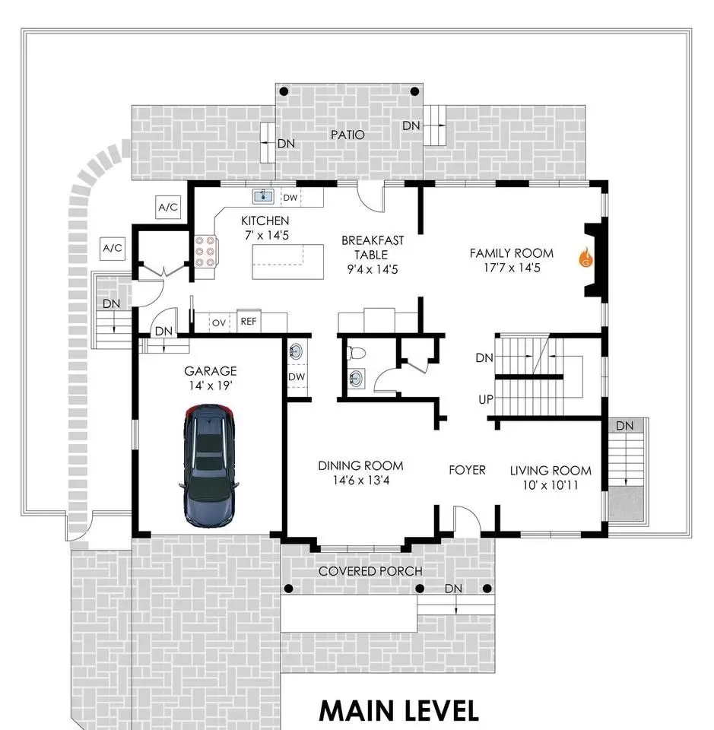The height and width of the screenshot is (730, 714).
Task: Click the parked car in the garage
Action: [x=209, y=465]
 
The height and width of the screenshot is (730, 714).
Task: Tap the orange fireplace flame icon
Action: [x=586, y=258]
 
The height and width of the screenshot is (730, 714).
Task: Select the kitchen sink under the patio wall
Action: [x=263, y=196]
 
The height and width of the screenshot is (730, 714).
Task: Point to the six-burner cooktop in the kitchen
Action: [x=205, y=252]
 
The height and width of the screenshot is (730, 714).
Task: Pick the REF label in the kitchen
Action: [x=249, y=321]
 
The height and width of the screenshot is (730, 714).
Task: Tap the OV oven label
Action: [x=219, y=322]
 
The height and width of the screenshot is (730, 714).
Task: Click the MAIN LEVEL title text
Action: [x=399, y=711]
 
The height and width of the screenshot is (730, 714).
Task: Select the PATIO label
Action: [x=347, y=135]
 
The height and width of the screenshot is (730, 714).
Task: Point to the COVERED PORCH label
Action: [x=370, y=571]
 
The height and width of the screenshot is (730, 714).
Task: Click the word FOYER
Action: [x=467, y=470]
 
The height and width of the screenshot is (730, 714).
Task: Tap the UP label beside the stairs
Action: [x=486, y=399]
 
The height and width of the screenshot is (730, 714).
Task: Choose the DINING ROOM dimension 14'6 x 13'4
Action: [x=361, y=481]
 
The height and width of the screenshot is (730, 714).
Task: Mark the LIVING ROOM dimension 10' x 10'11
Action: [x=551, y=485]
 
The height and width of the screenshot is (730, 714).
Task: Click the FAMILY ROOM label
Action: [x=512, y=253]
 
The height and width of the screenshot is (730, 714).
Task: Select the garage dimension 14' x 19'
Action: [x=211, y=386]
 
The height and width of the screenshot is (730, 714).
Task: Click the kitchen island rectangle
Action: [x=287, y=262]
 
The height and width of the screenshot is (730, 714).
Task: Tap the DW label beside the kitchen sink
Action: [x=290, y=198]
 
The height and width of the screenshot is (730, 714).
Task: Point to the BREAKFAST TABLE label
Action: [x=373, y=248]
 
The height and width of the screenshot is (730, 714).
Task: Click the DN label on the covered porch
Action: [x=453, y=589]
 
